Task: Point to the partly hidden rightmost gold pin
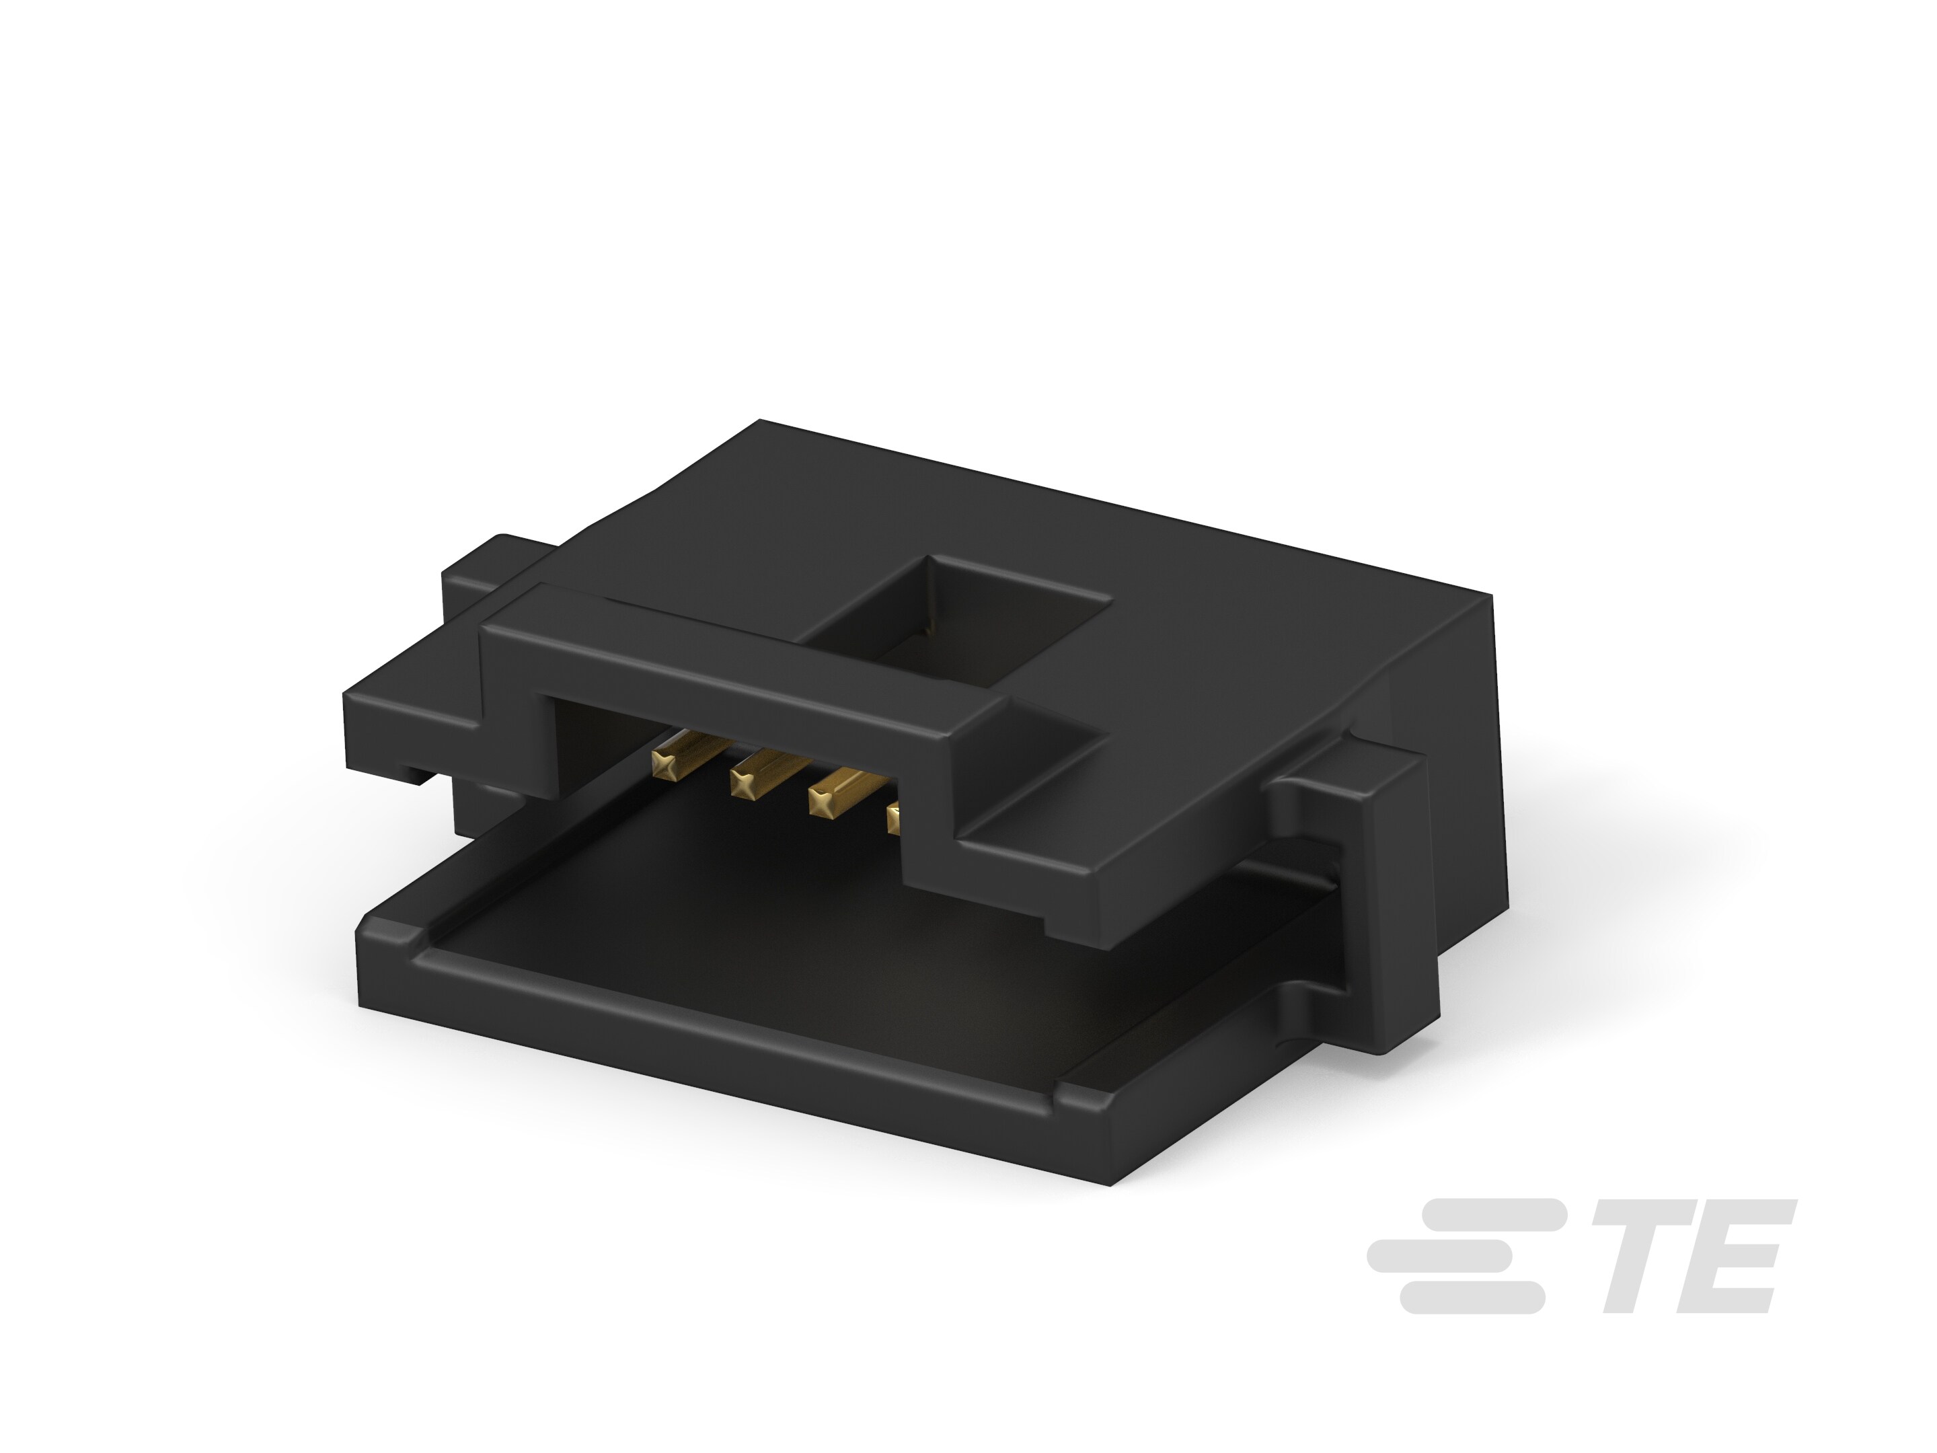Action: [x=894, y=819]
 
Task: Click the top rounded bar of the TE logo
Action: [x=1493, y=1213]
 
